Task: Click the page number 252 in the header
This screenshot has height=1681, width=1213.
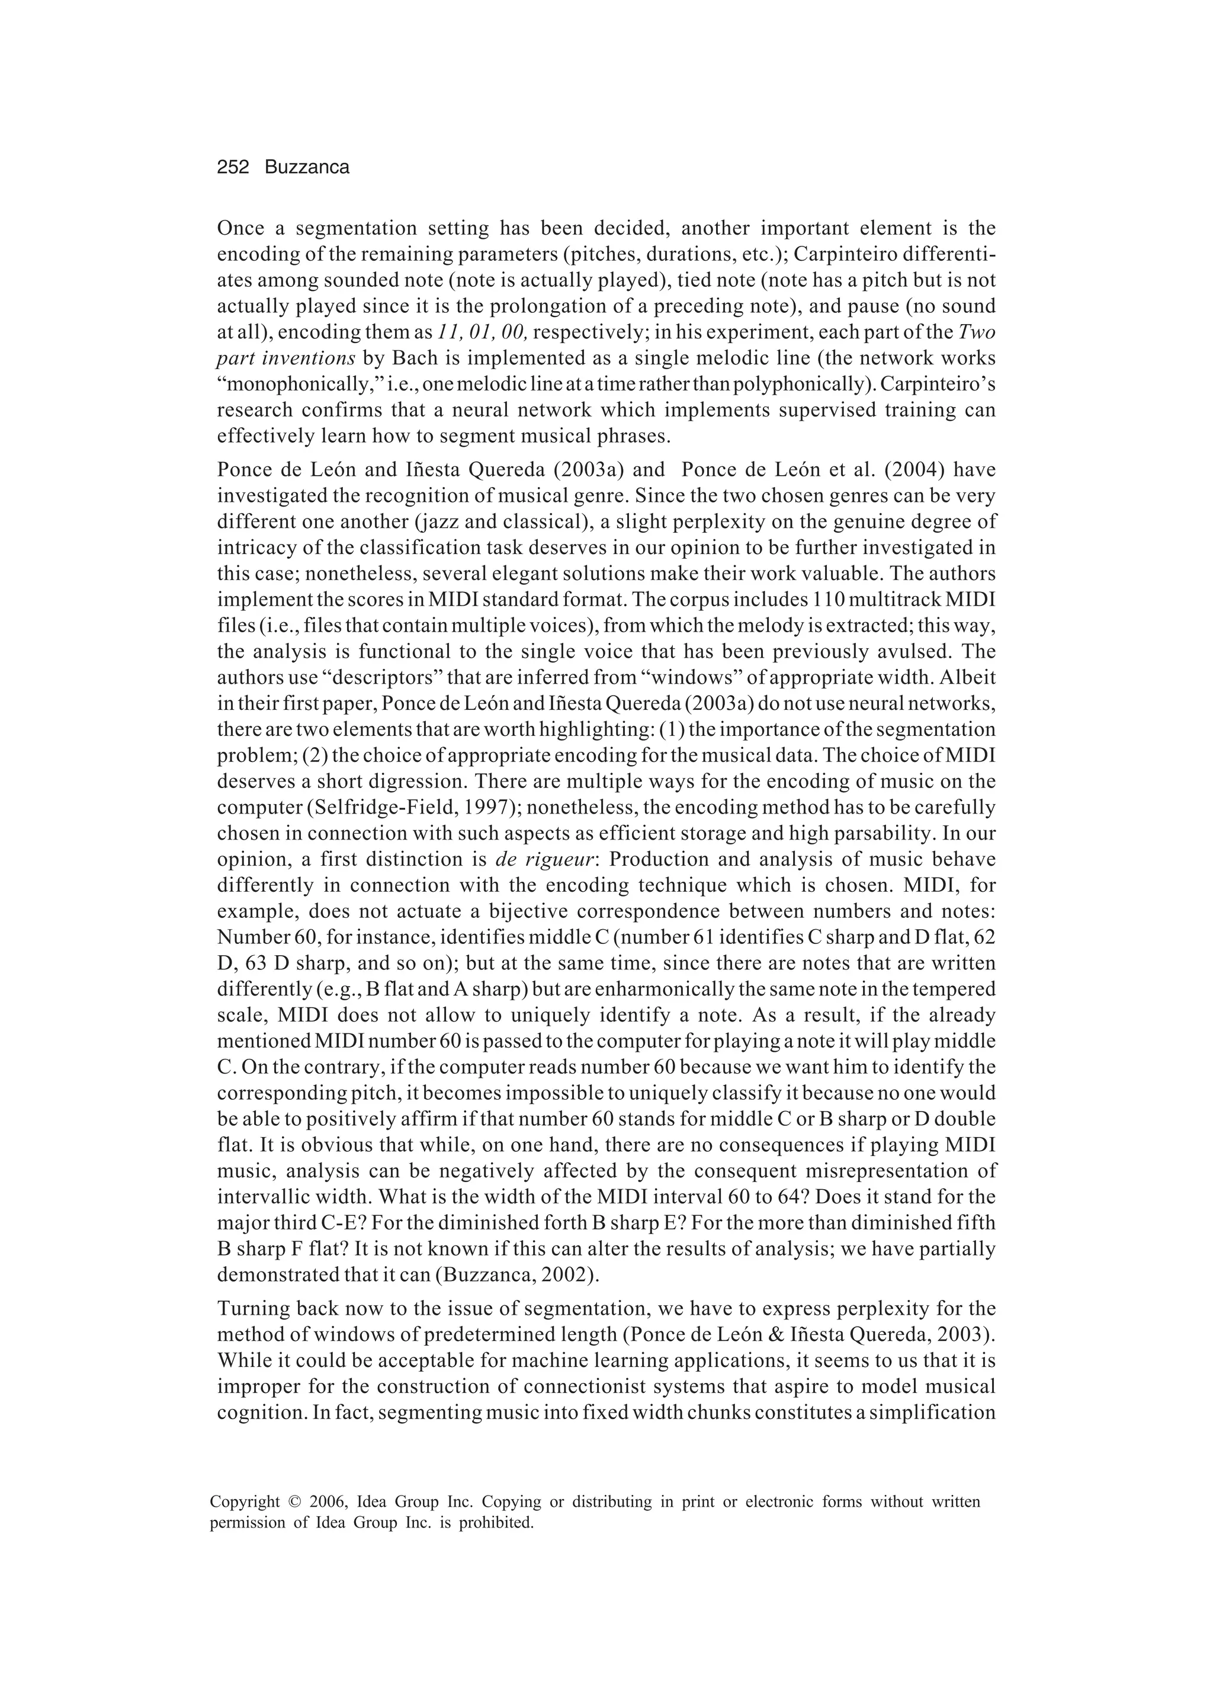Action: pyautogui.click(x=233, y=168)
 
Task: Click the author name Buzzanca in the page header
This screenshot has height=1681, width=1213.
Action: pyautogui.click(x=307, y=168)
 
